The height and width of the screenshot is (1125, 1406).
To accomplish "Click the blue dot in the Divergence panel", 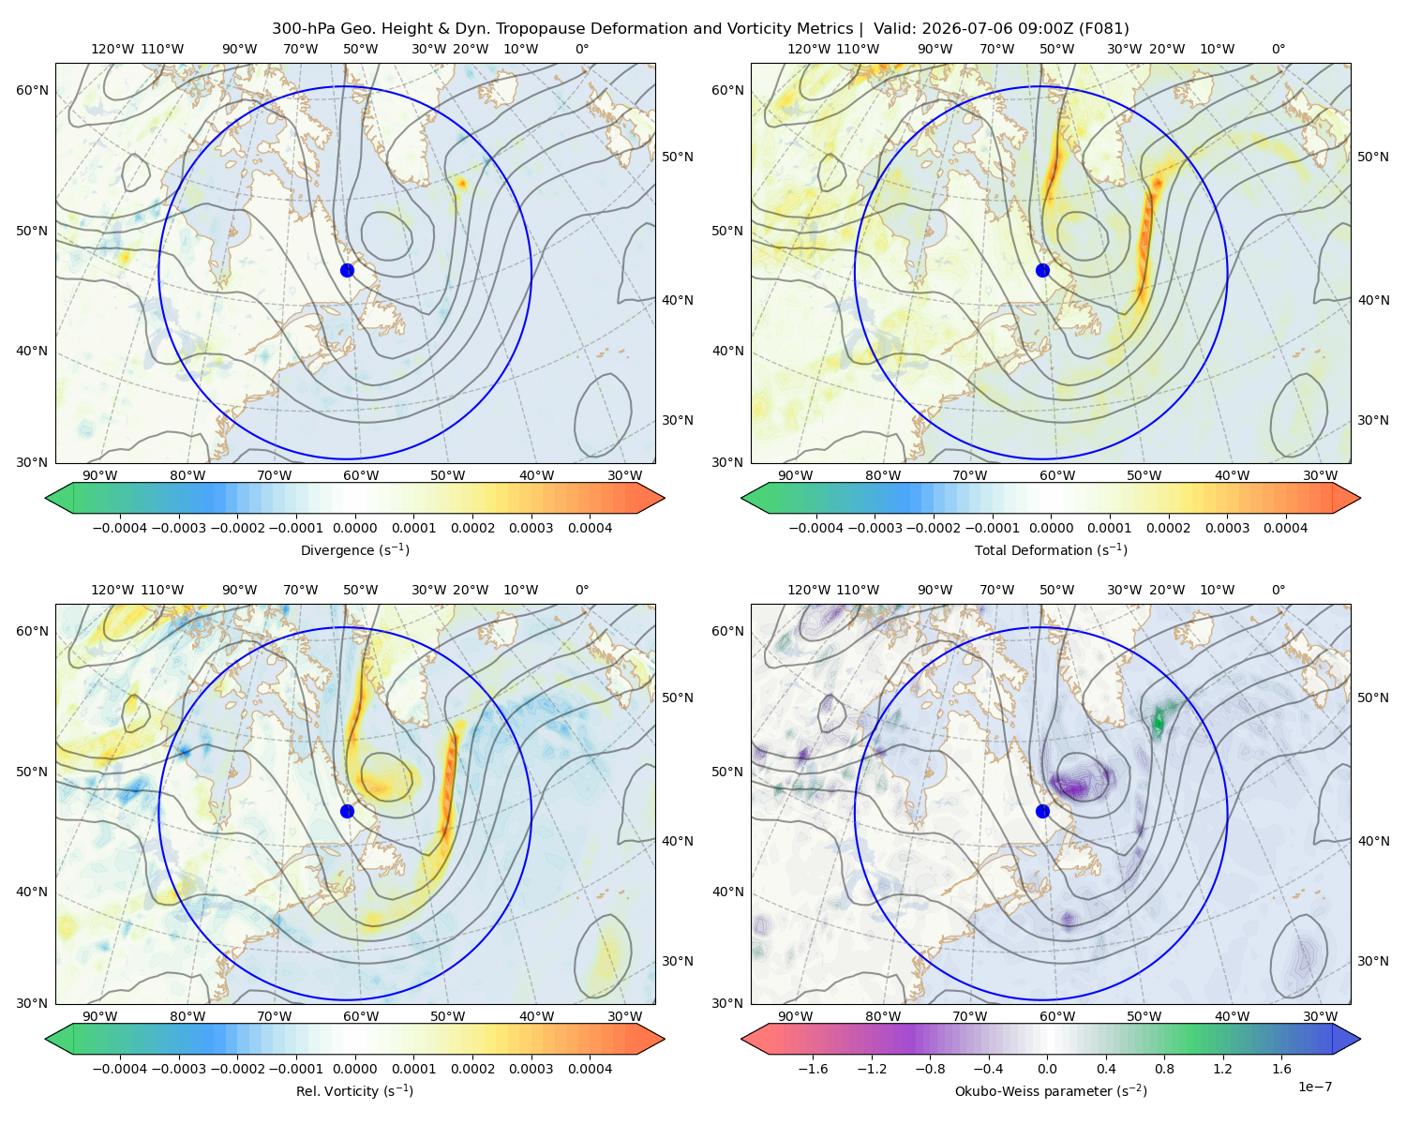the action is pyautogui.click(x=347, y=271).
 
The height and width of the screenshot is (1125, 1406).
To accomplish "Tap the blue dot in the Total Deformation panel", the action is pyautogui.click(x=1042, y=271).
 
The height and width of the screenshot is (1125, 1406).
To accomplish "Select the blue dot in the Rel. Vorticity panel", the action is pyautogui.click(x=347, y=811).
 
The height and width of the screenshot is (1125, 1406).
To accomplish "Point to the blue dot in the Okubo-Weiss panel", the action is pyautogui.click(x=1042, y=811).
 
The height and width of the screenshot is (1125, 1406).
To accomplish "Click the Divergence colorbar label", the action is pyautogui.click(x=354, y=550).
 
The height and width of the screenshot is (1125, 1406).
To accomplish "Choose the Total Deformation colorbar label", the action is pyautogui.click(x=1051, y=550).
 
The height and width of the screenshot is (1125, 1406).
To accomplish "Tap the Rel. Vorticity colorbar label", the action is pyautogui.click(x=354, y=1091).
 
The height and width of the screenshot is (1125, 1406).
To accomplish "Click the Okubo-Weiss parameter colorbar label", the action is pyautogui.click(x=1051, y=1091).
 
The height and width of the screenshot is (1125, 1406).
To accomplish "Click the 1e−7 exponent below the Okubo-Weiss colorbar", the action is pyautogui.click(x=1314, y=1087).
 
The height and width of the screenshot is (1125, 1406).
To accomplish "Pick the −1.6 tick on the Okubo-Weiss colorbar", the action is pyautogui.click(x=813, y=1069).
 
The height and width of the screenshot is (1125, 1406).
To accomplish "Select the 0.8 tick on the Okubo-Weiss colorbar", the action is pyautogui.click(x=1164, y=1069).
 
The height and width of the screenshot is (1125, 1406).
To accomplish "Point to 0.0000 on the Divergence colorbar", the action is pyautogui.click(x=354, y=528).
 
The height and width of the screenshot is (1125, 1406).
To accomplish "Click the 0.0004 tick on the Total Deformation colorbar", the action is pyautogui.click(x=1285, y=528).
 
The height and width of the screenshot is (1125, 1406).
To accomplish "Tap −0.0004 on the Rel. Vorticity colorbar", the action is pyautogui.click(x=120, y=1069).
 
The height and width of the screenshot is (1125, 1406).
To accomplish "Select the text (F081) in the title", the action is pyautogui.click(x=1103, y=29).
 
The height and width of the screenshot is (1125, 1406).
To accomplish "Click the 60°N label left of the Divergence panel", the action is pyautogui.click(x=32, y=90).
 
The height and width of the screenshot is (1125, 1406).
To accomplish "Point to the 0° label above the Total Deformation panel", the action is pyautogui.click(x=1278, y=49).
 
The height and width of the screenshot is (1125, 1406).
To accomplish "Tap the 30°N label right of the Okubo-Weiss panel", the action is pyautogui.click(x=1373, y=961).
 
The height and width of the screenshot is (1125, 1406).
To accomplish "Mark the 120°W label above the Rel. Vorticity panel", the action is pyautogui.click(x=112, y=590).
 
